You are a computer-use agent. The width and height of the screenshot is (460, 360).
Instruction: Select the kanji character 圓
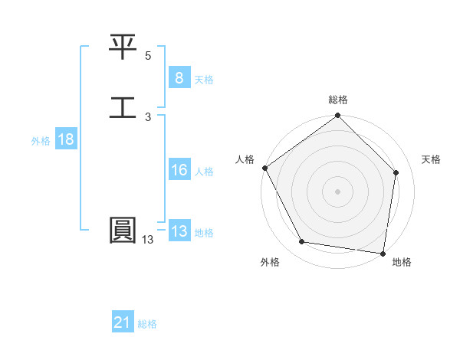click(x=123, y=231)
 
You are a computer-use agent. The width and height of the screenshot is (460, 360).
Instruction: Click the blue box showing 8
click(x=179, y=77)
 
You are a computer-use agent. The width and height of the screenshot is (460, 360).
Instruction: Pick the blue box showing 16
click(x=179, y=170)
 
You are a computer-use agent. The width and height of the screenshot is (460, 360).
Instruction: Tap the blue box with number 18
click(x=65, y=139)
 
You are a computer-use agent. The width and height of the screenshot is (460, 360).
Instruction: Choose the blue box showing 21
click(x=123, y=323)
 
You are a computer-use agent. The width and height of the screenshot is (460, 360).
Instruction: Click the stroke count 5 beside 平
click(x=148, y=56)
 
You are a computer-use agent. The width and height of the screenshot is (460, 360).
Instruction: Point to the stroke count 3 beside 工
click(x=148, y=116)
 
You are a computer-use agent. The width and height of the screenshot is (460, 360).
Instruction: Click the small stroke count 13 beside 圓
click(x=147, y=240)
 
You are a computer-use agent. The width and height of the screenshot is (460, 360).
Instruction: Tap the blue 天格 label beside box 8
click(x=204, y=79)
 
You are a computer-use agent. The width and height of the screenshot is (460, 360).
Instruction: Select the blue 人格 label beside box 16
click(x=204, y=172)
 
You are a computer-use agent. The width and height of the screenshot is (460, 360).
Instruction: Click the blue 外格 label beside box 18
click(x=40, y=141)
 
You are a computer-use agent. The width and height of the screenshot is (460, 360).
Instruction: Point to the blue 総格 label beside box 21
click(x=147, y=325)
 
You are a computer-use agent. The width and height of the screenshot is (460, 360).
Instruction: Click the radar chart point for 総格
click(x=337, y=116)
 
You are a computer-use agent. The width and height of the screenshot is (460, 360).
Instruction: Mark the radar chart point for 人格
click(x=264, y=168)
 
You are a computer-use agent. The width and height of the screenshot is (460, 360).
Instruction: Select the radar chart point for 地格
click(x=383, y=253)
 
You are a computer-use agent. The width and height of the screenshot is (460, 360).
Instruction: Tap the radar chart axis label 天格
click(x=432, y=159)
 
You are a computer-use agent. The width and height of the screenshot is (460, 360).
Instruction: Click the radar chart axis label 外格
click(x=270, y=262)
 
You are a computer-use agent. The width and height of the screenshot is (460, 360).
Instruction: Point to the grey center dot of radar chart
click(x=337, y=191)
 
